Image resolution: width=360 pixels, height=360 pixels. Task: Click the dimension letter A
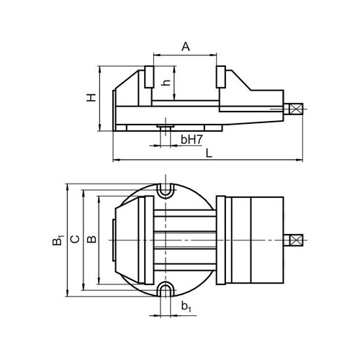(x=186, y=47)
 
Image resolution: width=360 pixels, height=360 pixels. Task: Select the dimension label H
(x=91, y=97)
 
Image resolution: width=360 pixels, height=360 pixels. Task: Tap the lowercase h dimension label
(x=166, y=82)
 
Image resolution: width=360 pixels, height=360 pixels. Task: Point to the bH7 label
(x=192, y=140)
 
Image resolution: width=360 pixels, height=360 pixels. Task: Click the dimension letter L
(x=210, y=153)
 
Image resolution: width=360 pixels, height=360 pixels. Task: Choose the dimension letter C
(x=76, y=239)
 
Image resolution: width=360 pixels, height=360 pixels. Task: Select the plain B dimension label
(x=91, y=239)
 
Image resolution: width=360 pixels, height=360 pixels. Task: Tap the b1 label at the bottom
(x=186, y=307)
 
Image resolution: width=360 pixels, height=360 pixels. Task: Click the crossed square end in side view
(x=295, y=109)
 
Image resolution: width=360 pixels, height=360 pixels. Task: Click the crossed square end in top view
(x=296, y=240)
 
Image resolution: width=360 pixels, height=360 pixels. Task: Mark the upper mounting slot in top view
(x=165, y=191)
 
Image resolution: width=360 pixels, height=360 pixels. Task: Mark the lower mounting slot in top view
(x=165, y=289)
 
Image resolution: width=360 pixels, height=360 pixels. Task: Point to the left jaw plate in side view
(x=149, y=76)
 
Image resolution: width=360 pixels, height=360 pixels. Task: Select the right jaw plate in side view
(x=221, y=76)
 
